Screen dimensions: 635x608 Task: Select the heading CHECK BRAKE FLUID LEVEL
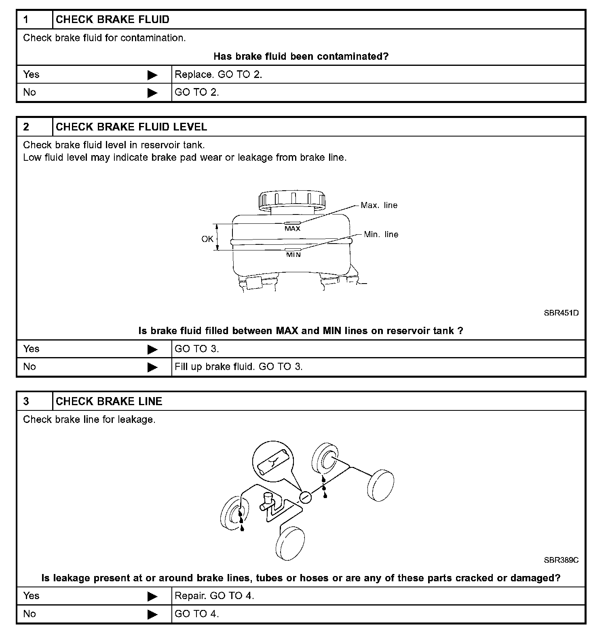coord(131,127)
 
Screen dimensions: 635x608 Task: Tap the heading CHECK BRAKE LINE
coord(109,401)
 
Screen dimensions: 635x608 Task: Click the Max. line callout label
coord(379,205)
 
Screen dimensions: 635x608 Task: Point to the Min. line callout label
coord(381,234)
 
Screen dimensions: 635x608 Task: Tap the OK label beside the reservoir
coord(207,239)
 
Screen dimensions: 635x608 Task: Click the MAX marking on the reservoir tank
coord(292,229)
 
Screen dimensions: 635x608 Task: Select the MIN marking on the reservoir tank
coord(293,255)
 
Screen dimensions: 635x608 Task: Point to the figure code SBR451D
coord(561,313)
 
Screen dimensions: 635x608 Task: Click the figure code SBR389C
coord(561,560)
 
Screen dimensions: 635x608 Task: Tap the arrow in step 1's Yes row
coord(152,75)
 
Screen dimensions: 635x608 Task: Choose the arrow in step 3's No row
coord(152,614)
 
